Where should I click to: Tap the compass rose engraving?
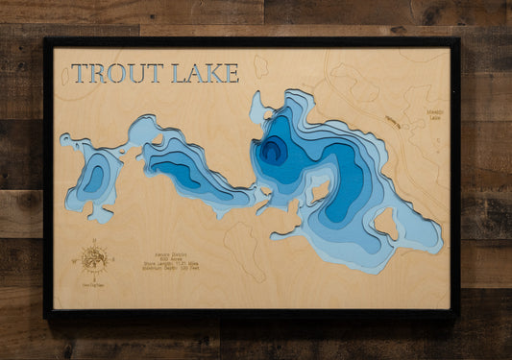click(94, 258)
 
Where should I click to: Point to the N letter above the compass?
click(94, 240)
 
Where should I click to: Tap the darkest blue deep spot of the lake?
click(271, 150)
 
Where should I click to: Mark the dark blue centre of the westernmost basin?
click(94, 178)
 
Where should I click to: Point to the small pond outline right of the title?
click(260, 66)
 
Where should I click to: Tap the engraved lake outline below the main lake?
click(244, 250)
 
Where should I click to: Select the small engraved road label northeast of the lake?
click(392, 121)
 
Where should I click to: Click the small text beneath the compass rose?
click(94, 284)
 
